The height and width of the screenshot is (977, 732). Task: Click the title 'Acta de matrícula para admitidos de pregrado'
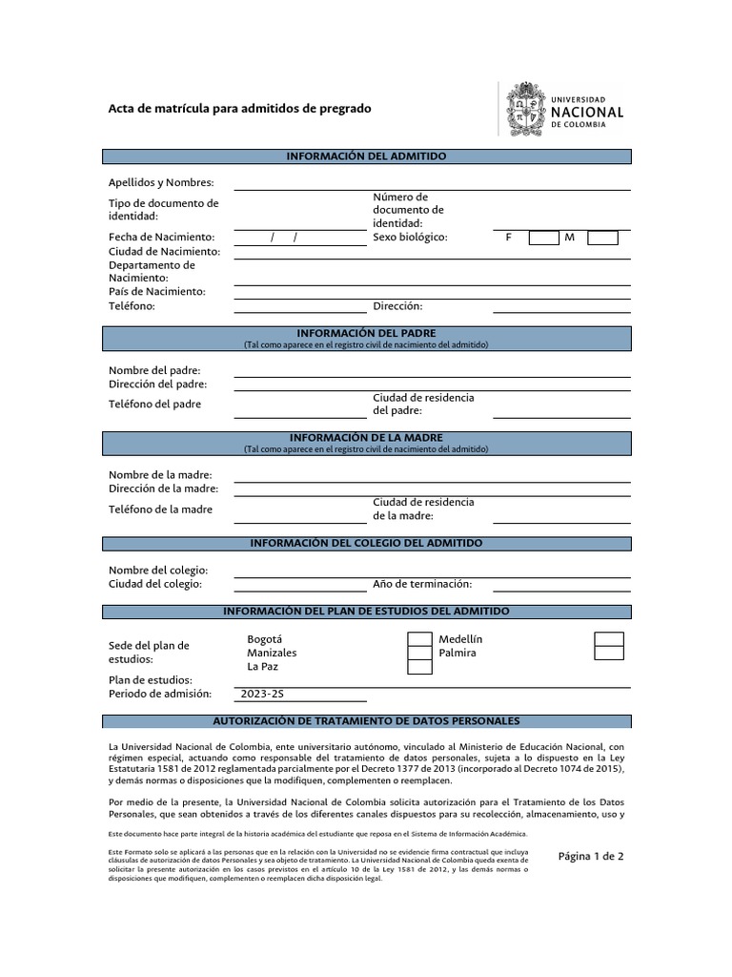click(240, 109)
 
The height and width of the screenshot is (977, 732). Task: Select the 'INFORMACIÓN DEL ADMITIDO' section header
click(366, 156)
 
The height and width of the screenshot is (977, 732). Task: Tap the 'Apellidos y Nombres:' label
click(161, 182)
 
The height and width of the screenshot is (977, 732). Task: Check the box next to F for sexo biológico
click(543, 238)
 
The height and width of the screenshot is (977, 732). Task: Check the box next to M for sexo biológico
click(602, 238)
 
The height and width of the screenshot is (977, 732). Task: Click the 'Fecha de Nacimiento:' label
click(161, 237)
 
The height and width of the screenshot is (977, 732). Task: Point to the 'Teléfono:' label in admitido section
click(132, 306)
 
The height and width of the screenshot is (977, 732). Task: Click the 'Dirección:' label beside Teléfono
click(397, 306)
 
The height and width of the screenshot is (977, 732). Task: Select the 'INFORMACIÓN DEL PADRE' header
click(366, 332)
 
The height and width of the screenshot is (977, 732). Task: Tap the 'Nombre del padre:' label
click(154, 370)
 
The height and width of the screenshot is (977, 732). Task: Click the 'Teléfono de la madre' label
click(160, 509)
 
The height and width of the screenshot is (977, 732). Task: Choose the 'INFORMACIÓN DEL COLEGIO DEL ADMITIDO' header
click(366, 543)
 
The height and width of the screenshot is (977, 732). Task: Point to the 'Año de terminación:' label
click(422, 584)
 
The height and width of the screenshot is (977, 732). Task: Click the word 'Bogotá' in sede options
click(265, 639)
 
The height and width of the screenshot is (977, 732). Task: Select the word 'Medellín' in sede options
click(460, 639)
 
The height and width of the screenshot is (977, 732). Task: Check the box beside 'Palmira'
click(609, 653)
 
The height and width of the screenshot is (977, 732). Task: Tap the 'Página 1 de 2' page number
click(590, 856)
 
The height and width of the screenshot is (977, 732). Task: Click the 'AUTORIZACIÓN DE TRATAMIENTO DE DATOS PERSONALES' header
click(366, 721)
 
